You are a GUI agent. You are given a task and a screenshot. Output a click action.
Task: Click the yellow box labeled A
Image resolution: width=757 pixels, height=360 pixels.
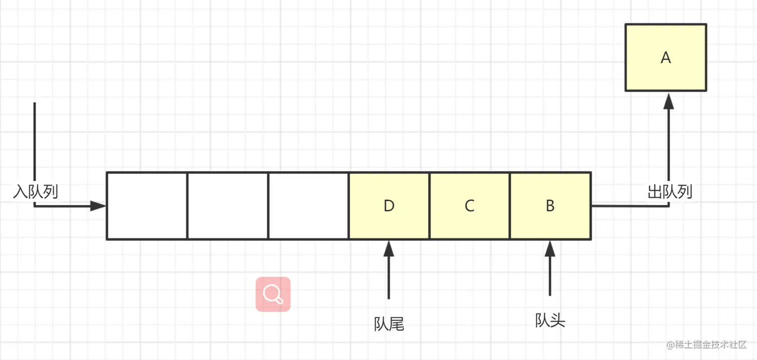click(x=665, y=58)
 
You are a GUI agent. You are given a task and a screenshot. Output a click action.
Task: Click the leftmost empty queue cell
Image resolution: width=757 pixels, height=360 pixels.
click(x=147, y=206)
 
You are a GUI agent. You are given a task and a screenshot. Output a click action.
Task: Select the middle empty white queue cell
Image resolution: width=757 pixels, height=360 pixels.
click(x=228, y=206)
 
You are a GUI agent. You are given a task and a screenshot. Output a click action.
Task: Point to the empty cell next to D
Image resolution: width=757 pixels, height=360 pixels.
click(x=308, y=206)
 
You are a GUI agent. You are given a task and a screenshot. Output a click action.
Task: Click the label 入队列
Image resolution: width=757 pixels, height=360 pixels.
click(x=35, y=191)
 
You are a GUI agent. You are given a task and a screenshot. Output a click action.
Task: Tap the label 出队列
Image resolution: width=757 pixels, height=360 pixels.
click(x=670, y=191)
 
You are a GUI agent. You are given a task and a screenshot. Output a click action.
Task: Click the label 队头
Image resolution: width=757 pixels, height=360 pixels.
click(x=550, y=320)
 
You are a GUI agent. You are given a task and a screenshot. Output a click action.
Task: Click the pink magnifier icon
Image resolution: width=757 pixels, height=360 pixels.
click(x=273, y=294)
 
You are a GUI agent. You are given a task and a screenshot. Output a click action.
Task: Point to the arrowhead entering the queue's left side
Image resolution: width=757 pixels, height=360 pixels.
click(x=98, y=206)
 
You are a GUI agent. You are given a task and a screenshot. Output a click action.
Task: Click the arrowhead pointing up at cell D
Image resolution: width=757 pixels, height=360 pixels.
click(x=389, y=248)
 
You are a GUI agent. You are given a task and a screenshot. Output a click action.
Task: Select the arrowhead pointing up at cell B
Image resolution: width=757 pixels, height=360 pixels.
click(x=550, y=248)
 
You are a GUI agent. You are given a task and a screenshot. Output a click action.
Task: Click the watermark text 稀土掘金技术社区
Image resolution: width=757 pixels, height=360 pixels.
click(x=706, y=345)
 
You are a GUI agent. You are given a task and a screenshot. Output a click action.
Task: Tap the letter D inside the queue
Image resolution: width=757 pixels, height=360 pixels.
click(x=389, y=206)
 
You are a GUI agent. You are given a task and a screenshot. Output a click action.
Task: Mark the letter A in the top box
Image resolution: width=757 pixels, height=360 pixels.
click(x=665, y=58)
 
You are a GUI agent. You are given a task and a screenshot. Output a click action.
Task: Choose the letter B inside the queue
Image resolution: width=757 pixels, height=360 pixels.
click(x=550, y=206)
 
